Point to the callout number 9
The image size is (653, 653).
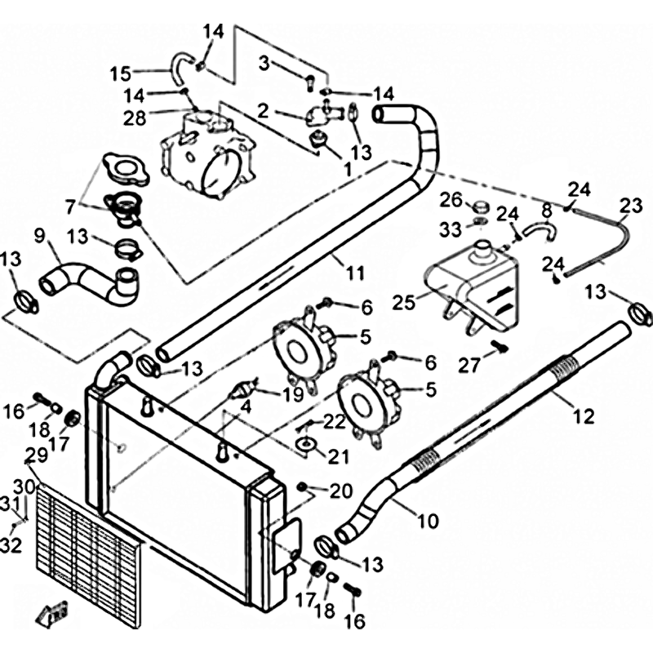coord(39,236)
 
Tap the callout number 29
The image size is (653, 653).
coord(36,455)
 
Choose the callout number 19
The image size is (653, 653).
coord(293,394)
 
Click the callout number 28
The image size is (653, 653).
coord(135,118)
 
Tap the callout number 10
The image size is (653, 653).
coord(428,520)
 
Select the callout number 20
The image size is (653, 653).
coord(340,491)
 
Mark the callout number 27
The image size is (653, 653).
coord(469,366)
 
